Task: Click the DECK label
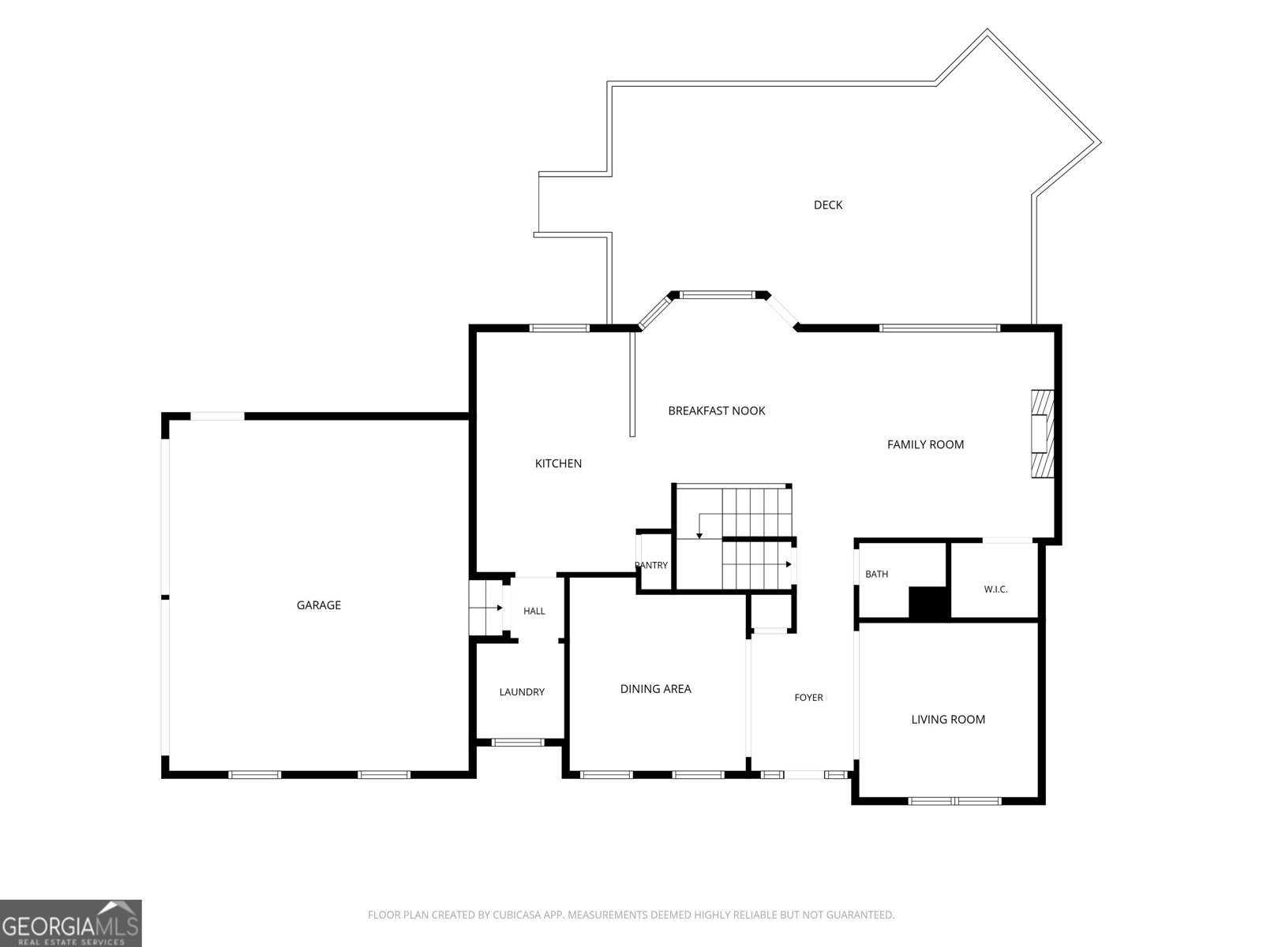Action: tap(827, 204)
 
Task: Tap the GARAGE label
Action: tap(319, 605)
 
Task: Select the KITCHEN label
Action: tap(558, 463)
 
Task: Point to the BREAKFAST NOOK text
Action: tap(717, 410)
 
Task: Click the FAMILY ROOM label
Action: tap(925, 444)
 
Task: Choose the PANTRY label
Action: tap(651, 565)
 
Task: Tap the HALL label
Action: tap(534, 611)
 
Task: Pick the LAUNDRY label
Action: tap(522, 692)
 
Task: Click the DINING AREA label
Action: tap(655, 689)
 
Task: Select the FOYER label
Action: tap(808, 698)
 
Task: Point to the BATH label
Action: tap(876, 574)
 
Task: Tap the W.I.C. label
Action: tap(995, 590)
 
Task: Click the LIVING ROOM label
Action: tap(948, 719)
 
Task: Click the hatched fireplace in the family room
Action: tap(1042, 434)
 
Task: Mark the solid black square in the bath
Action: tap(928, 603)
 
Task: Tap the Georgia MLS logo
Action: tap(71, 923)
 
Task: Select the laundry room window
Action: tap(517, 743)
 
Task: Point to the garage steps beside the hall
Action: tap(486, 608)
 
